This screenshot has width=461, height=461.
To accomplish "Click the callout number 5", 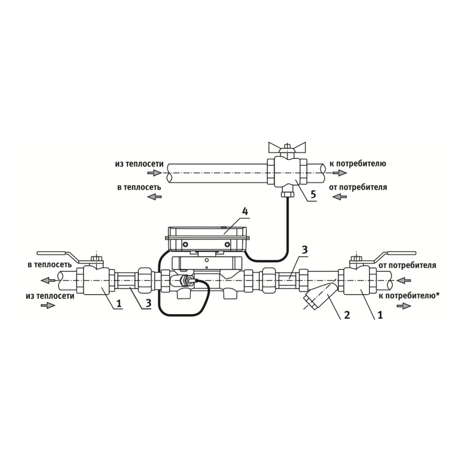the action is tap(313, 194).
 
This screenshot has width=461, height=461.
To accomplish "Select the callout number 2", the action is tap(347, 315).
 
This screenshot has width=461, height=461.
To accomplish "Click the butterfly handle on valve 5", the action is tap(287, 147).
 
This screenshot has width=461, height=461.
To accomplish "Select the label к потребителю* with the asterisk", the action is tap(409, 296).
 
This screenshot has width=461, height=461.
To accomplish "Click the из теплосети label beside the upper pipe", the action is tap(139, 164).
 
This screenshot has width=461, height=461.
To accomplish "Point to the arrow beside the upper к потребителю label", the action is tap(339, 173).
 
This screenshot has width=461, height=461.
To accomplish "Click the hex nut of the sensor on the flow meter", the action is tap(185, 280).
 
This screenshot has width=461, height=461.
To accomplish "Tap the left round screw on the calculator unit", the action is tap(185, 244).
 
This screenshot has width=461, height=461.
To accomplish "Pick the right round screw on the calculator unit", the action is tap(227, 244).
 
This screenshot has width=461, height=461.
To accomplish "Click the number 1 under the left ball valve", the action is tap(119, 303).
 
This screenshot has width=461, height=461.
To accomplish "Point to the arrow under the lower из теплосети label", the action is tap(48, 305).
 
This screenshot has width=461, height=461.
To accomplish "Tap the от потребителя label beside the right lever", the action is tap(407, 265).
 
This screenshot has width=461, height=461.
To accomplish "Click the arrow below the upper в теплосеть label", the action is tap(154, 197).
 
